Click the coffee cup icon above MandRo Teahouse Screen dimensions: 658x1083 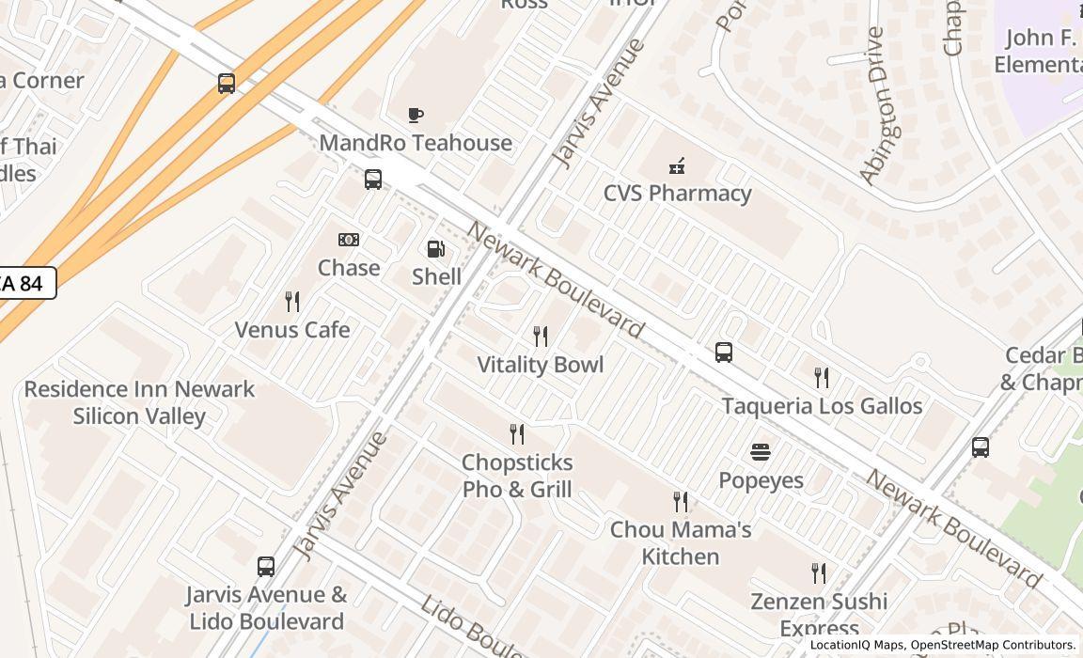[416, 116]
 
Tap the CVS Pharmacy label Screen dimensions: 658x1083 [677, 194]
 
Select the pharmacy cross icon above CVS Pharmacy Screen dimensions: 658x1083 [676, 167]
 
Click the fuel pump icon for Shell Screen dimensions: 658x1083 [436, 249]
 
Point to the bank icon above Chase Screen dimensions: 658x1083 [349, 240]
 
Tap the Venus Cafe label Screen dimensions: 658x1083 [292, 330]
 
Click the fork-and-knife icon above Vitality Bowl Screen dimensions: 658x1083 [541, 337]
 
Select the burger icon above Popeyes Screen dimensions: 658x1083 [761, 452]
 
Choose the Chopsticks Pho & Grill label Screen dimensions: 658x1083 [517, 476]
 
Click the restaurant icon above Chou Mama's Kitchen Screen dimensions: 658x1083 [681, 502]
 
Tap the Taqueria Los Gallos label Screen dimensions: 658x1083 [822, 406]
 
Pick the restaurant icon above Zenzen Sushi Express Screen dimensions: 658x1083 [819, 573]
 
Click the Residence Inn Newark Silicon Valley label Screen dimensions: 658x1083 [139, 402]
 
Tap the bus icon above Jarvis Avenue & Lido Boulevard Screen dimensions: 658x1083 [266, 567]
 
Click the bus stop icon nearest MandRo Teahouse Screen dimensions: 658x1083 [373, 180]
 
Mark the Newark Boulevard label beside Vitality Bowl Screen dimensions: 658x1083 [556, 280]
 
